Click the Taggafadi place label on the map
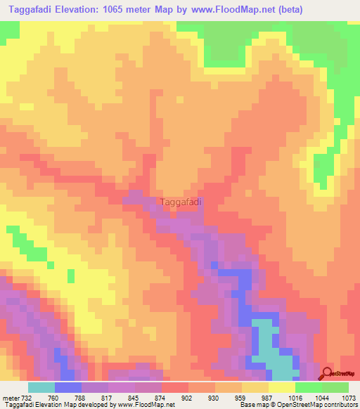(x=181, y=202)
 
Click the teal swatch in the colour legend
(x=41, y=388)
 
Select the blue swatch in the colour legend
(x=68, y=388)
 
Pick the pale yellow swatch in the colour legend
(x=282, y=388)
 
